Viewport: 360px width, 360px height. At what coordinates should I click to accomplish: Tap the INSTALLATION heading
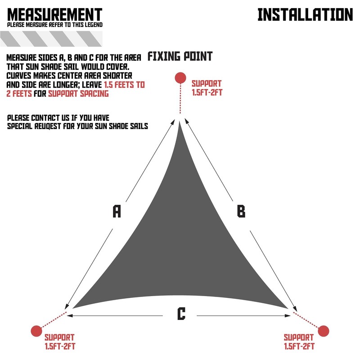coord(305,14)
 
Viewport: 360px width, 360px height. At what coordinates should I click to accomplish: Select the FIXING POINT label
coord(180,57)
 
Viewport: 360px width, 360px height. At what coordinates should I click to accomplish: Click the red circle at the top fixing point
coord(180,77)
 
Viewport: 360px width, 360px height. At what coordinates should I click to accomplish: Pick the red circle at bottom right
coord(323,331)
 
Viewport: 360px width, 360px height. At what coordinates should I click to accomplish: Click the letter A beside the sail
coord(117,211)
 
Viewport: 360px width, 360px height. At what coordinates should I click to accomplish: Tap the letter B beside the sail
coord(241,211)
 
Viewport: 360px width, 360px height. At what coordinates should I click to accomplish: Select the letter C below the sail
coord(181,313)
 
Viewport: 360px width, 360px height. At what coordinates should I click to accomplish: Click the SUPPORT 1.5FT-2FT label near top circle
coord(207,88)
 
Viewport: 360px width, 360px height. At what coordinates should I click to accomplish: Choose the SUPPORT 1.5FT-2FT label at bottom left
coord(59,342)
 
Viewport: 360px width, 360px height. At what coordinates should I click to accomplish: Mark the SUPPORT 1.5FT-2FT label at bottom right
coord(299,342)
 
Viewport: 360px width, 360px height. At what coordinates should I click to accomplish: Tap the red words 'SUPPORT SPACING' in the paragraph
coord(78,94)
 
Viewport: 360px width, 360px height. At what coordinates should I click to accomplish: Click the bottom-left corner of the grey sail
coord(75,307)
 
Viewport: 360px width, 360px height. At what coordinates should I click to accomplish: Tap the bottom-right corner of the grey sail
coord(286,307)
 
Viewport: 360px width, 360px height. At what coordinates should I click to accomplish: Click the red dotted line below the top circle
coord(180,99)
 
